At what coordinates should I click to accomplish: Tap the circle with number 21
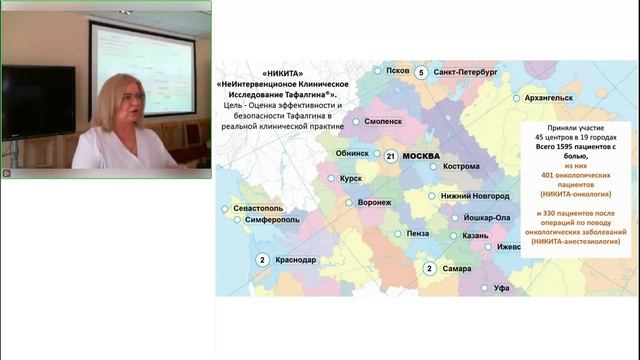click(x=391, y=156)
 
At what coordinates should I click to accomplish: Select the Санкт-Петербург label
click(x=466, y=73)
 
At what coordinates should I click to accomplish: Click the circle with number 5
click(x=421, y=73)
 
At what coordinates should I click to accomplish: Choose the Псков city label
click(x=398, y=71)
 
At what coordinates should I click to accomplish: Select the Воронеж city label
click(x=374, y=202)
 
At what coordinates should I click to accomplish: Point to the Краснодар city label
click(x=295, y=260)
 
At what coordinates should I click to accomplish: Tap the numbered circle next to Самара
click(x=428, y=268)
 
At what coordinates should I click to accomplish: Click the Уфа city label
click(x=501, y=288)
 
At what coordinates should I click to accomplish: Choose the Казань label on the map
click(x=475, y=236)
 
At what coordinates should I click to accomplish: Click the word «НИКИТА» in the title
click(x=285, y=74)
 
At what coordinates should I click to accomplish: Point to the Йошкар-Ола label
click(x=489, y=217)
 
